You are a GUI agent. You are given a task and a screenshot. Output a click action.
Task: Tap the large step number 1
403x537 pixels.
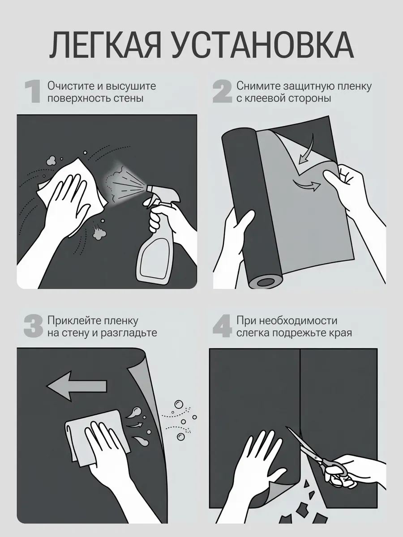tap(33, 92)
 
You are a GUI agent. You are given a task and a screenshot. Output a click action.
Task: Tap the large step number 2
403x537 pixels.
tap(222, 92)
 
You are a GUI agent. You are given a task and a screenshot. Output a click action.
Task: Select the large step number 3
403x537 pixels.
tap(33, 327)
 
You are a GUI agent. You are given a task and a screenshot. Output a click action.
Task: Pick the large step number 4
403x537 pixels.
tap(222, 327)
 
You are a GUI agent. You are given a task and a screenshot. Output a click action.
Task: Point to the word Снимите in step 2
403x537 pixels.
tap(257, 86)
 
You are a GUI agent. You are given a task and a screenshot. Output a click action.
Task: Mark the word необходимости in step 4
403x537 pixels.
tap(298, 321)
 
